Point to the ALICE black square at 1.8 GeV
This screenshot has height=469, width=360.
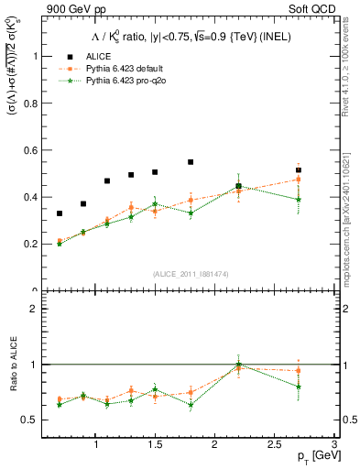coord(191,162)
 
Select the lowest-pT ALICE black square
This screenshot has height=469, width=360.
coord(60,213)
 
